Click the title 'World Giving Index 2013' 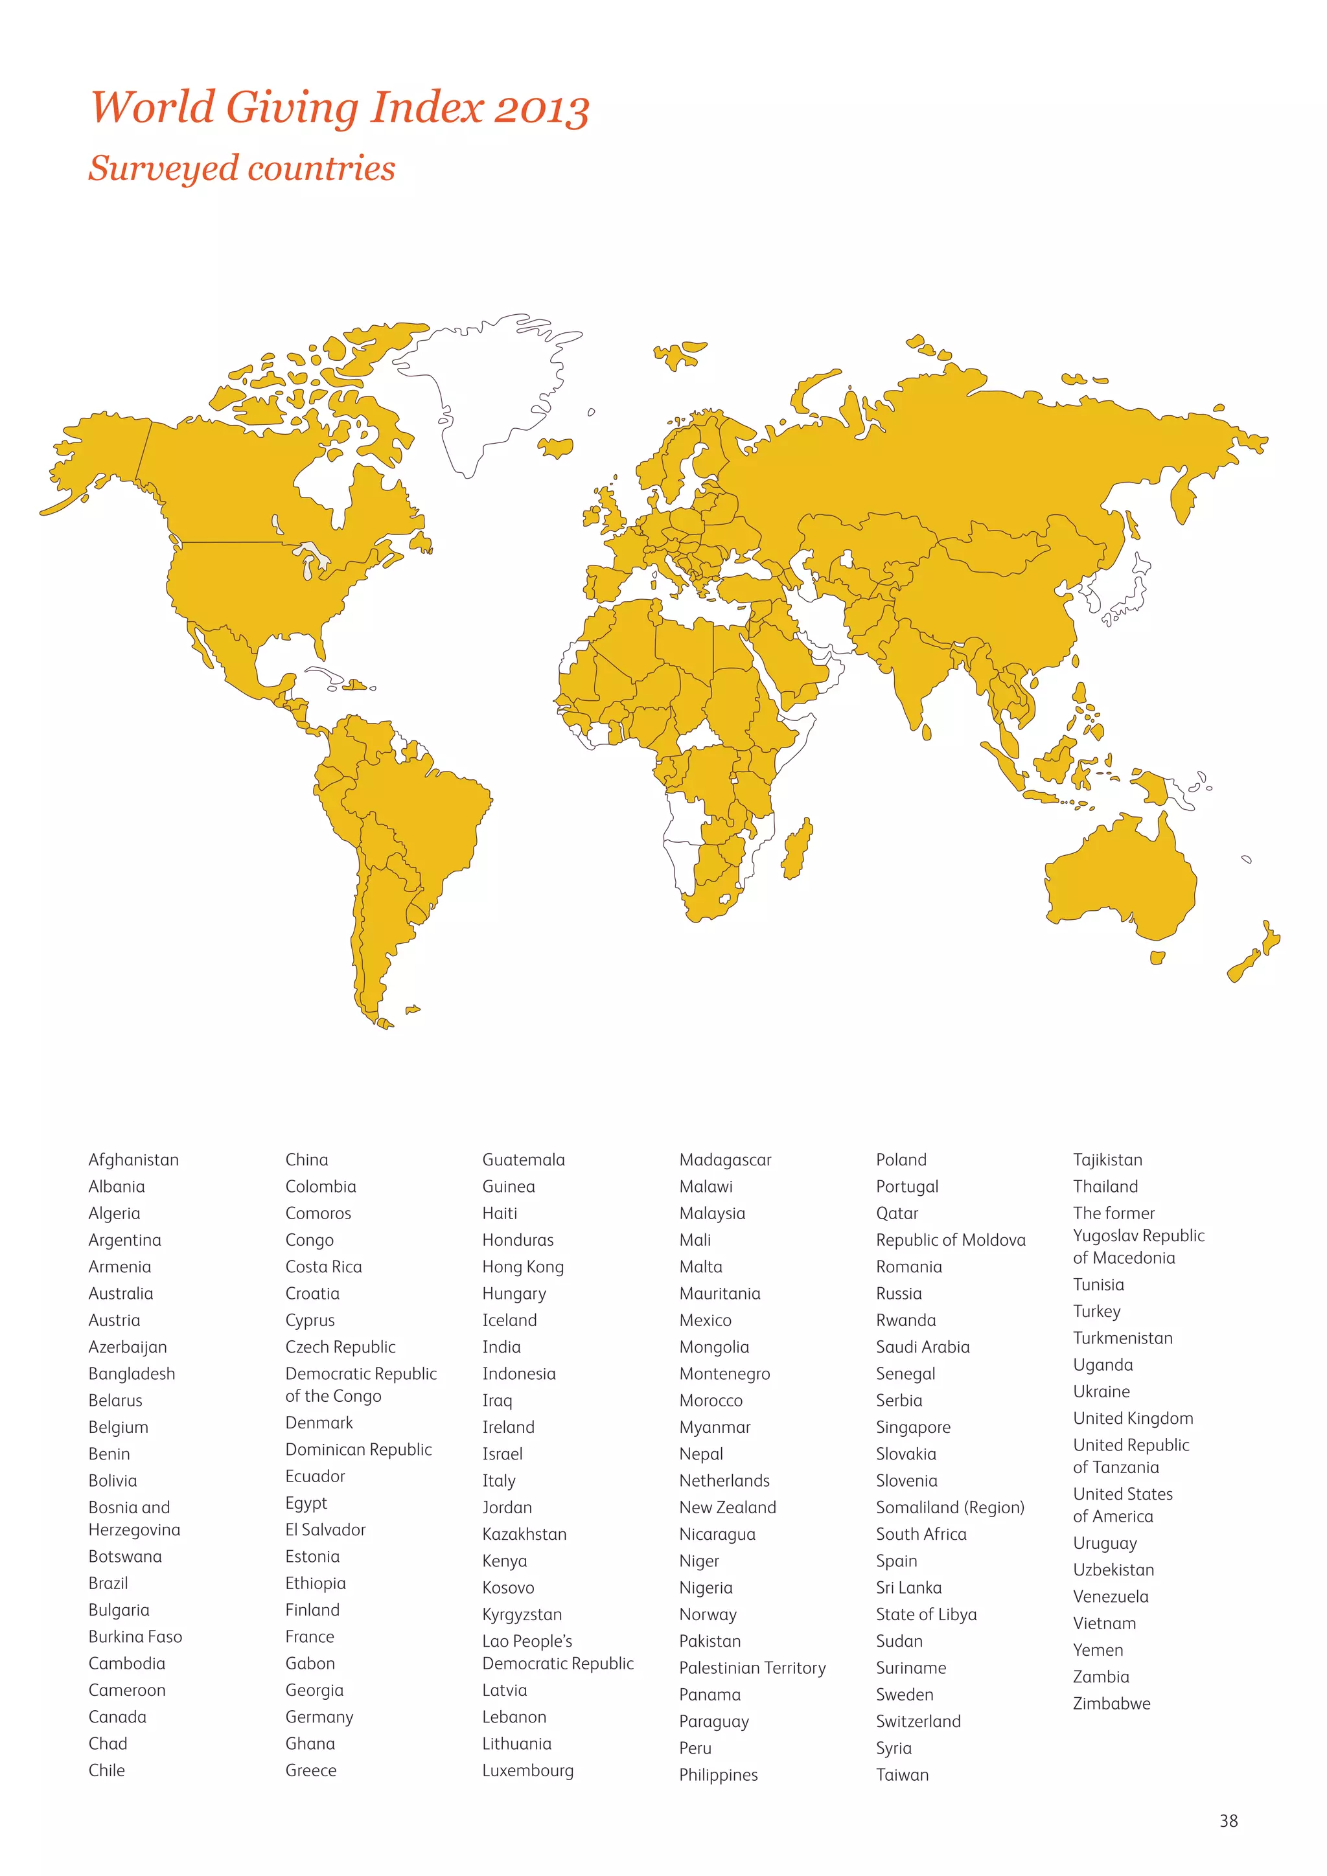pyautogui.click(x=339, y=108)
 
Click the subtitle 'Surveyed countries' pyautogui.click(x=242, y=168)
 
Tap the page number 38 pyautogui.click(x=1228, y=1820)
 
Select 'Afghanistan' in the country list pyautogui.click(x=133, y=1160)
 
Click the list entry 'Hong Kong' pyautogui.click(x=523, y=1266)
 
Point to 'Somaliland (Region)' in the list pyautogui.click(x=949, y=1507)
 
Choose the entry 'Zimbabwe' pyautogui.click(x=1111, y=1703)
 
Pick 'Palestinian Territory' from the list pyautogui.click(x=752, y=1667)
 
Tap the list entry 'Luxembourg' pyautogui.click(x=528, y=1770)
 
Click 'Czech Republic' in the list pyautogui.click(x=340, y=1347)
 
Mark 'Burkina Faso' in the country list pyautogui.click(x=135, y=1636)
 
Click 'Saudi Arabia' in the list pyautogui.click(x=923, y=1347)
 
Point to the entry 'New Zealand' pyautogui.click(x=727, y=1507)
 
